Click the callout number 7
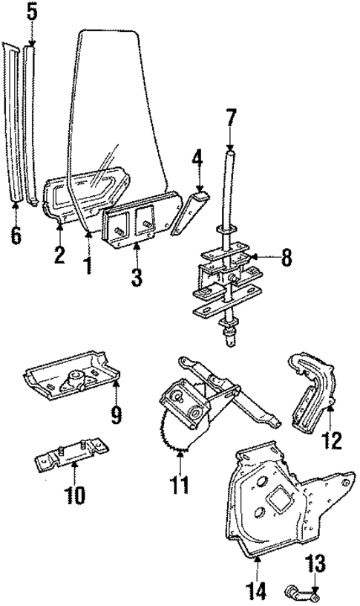pyautogui.click(x=231, y=118)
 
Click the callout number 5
pyautogui.click(x=31, y=12)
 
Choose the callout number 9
pyautogui.click(x=116, y=413)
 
